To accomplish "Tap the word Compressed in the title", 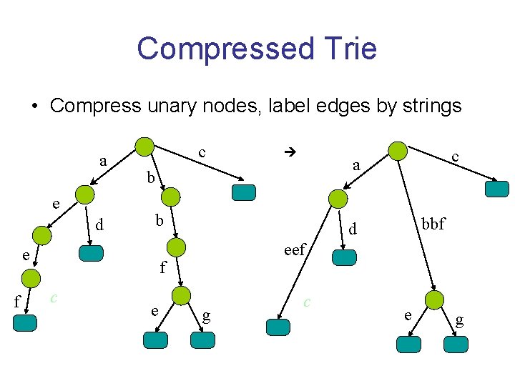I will [224, 49].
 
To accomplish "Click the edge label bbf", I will [432, 224].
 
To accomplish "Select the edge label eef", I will [295, 249].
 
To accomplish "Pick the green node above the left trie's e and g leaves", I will [182, 295].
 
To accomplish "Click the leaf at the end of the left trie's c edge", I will [243, 192].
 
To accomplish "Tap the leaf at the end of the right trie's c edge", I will [496, 189].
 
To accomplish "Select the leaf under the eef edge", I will [278, 327].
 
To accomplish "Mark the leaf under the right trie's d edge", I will [345, 257].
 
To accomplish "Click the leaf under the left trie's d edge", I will [91, 254].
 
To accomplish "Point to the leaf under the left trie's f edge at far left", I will [25, 323].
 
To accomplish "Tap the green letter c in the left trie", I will [54, 297].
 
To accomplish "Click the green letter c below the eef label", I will [307, 302].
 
